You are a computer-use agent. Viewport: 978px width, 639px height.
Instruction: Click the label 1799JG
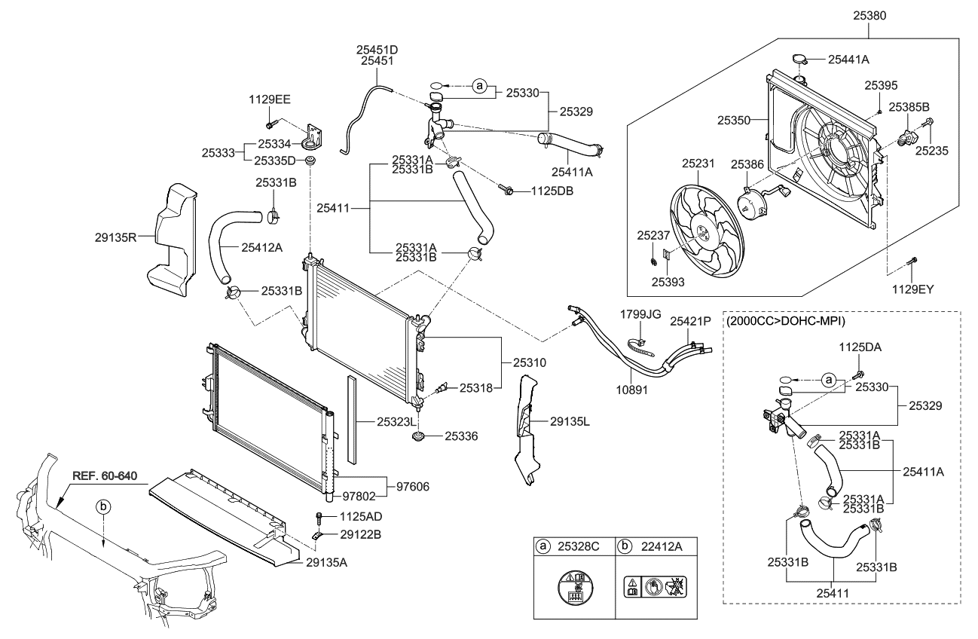(x=640, y=313)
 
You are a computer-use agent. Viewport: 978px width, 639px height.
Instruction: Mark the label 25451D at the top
(x=377, y=49)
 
